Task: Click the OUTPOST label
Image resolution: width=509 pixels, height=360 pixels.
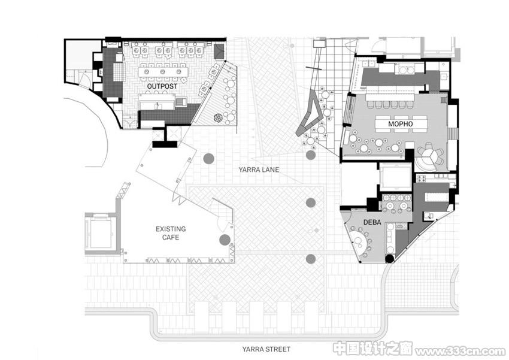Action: click(162, 86)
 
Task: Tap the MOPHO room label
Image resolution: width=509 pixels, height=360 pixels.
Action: click(400, 124)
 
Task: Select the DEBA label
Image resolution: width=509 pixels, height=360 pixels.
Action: click(372, 222)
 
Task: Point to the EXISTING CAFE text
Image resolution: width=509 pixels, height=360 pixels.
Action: click(171, 233)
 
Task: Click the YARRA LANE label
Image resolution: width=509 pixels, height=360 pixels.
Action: click(259, 170)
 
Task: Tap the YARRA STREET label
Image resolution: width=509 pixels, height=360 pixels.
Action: click(266, 349)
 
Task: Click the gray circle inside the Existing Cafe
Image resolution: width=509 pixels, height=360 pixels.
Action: click(225, 240)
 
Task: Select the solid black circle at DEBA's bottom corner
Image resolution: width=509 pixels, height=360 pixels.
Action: click(390, 259)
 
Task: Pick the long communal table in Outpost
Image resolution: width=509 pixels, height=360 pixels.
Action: click(163, 72)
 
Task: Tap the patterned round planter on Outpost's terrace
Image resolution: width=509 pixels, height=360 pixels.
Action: click(218, 118)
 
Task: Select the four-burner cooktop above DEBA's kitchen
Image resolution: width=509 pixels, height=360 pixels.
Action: click(422, 178)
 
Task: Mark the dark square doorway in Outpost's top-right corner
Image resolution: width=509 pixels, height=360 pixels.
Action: click(219, 51)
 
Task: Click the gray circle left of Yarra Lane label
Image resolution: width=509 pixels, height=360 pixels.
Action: click(209, 158)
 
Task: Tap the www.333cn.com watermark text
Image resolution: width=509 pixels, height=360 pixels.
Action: click(460, 351)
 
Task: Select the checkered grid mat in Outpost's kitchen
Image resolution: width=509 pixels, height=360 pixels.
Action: click(119, 72)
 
